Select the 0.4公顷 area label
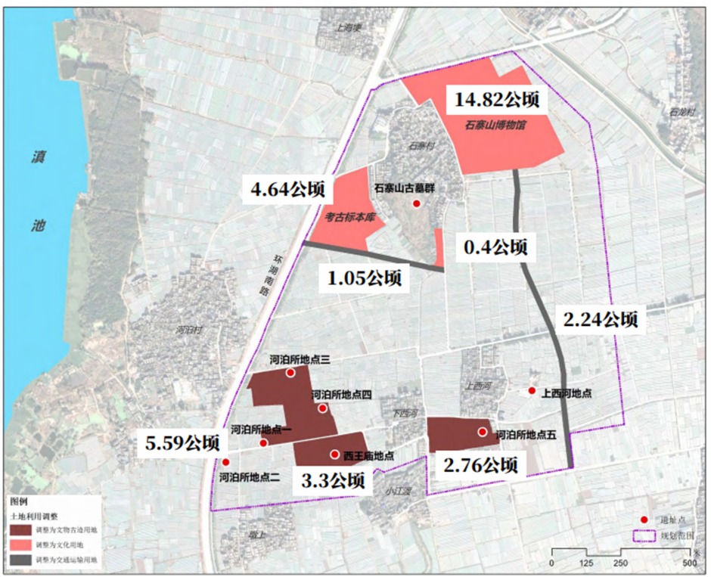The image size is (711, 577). (495, 247)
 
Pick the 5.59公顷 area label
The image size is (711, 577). (184, 442)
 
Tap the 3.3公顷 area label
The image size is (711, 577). (332, 480)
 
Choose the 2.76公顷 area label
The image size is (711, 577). (481, 464)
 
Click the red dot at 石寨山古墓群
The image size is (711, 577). (415, 204)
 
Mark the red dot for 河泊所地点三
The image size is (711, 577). (290, 374)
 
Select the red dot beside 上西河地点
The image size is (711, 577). (532, 391)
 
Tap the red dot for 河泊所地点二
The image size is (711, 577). (225, 462)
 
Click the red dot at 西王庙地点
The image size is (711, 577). (334, 454)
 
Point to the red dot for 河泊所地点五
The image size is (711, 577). (483, 432)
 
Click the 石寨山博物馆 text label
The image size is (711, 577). (496, 126)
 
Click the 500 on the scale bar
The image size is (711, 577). (689, 564)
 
